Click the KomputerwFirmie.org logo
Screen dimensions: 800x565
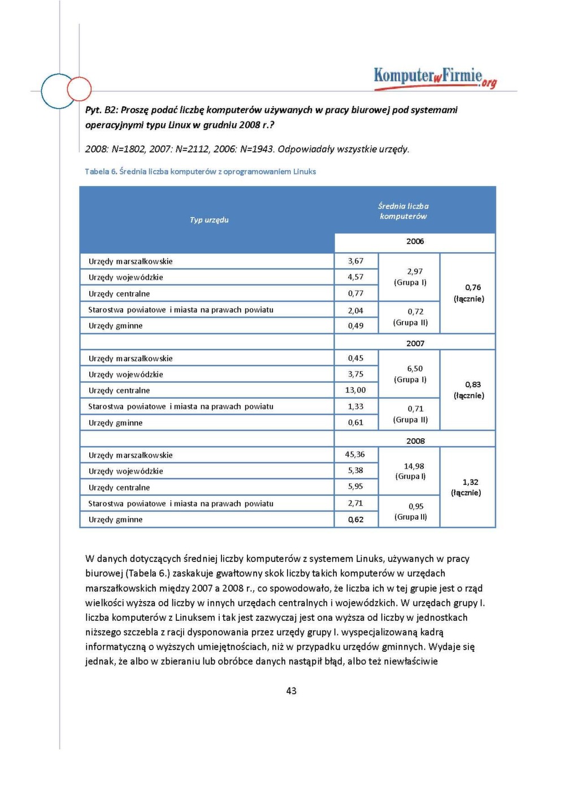(x=434, y=77)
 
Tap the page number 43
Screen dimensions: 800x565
(x=292, y=690)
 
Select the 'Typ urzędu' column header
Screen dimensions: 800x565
(x=209, y=220)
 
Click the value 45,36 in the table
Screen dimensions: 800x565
(x=355, y=455)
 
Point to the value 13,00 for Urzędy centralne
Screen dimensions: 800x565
(x=355, y=390)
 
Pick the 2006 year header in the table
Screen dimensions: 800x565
(x=415, y=241)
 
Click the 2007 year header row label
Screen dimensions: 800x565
(x=415, y=343)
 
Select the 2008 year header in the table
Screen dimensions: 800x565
(x=415, y=441)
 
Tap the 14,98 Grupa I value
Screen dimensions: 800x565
(x=414, y=466)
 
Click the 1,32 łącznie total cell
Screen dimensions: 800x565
(x=470, y=482)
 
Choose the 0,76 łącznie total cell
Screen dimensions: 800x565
(x=472, y=288)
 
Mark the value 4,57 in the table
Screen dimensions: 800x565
(x=355, y=277)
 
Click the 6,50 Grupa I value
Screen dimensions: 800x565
(x=414, y=369)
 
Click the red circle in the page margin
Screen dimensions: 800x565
(x=79, y=89)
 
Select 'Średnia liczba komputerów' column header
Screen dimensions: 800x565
(x=403, y=211)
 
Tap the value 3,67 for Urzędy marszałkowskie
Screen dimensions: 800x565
(x=355, y=261)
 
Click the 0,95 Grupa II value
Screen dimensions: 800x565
(x=415, y=507)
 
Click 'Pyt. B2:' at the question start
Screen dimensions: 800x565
(x=102, y=110)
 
